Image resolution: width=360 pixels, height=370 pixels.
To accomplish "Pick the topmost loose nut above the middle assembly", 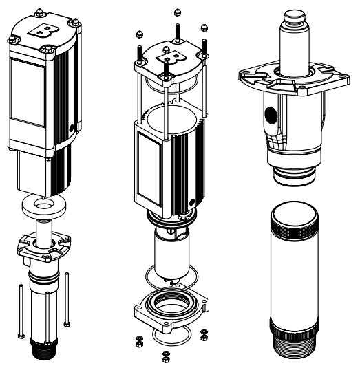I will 177,12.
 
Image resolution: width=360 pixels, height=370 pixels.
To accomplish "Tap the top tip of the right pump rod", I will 295,12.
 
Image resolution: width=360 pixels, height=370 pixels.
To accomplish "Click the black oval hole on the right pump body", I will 269,113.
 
